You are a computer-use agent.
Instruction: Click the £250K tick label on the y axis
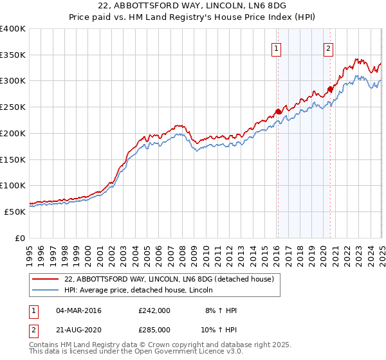coord(13,107)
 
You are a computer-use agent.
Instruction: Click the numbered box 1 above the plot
coord(276,48)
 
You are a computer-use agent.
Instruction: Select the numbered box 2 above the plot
coord(328,48)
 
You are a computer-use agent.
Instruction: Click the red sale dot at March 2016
coord(278,111)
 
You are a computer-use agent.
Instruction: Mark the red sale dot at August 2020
coord(330,89)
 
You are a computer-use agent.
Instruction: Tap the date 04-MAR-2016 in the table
coord(78,310)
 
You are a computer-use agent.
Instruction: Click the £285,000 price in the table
coord(154,329)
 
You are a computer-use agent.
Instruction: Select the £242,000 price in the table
coord(154,310)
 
